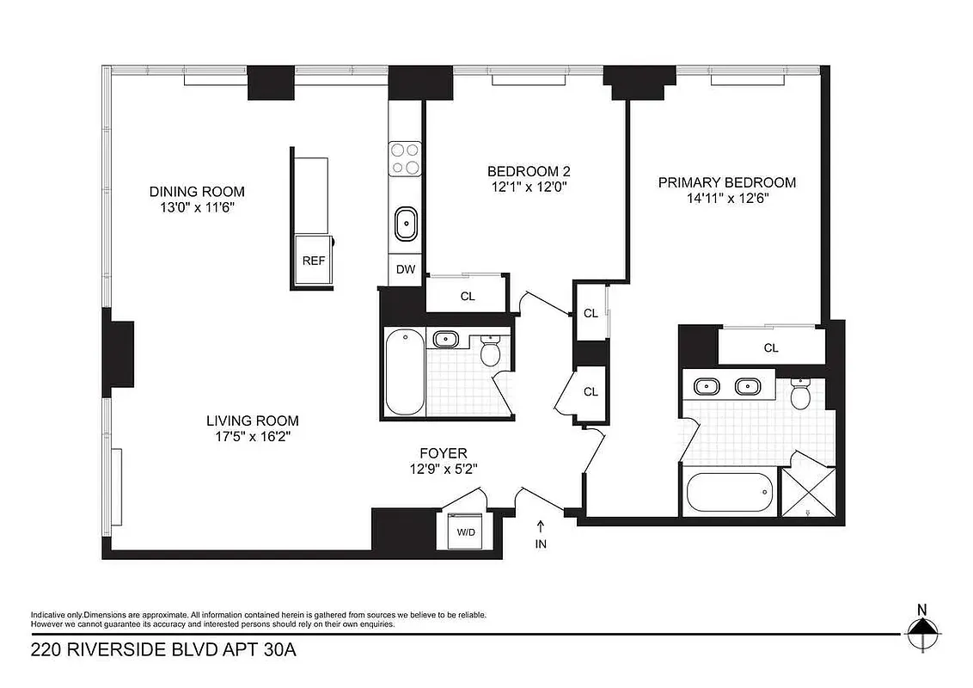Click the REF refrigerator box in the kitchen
pos(314,261)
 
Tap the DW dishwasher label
pos(406,270)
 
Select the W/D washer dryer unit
pos(466,531)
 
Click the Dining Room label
pos(197,191)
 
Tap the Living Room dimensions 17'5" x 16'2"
pos(252,437)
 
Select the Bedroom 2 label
pos(529,170)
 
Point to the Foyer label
pos(443,452)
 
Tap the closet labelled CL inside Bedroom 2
pos(468,297)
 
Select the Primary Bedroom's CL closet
pos(770,348)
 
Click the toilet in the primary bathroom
pos(800,395)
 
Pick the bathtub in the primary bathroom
pos(729,493)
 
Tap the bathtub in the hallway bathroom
pos(404,373)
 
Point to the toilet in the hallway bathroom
pos(490,352)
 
